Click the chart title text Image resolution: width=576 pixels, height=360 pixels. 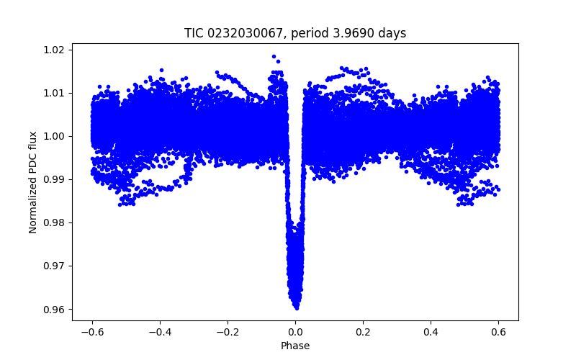pyautogui.click(x=295, y=33)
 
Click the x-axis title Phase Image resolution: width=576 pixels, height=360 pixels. pyautogui.click(x=295, y=346)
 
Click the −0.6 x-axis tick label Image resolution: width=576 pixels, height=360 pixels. pyautogui.click(x=91, y=332)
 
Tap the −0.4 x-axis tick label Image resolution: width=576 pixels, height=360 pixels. pyautogui.click(x=159, y=332)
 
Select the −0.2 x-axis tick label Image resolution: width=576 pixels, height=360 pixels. pyautogui.click(x=227, y=332)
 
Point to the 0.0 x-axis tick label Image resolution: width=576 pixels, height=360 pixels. pyautogui.click(x=295, y=332)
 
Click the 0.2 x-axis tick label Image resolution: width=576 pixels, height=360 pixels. pyautogui.click(x=363, y=332)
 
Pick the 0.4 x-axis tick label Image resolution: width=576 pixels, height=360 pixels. pyautogui.click(x=431, y=332)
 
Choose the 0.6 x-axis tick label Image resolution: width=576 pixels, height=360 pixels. pyautogui.click(x=498, y=332)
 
